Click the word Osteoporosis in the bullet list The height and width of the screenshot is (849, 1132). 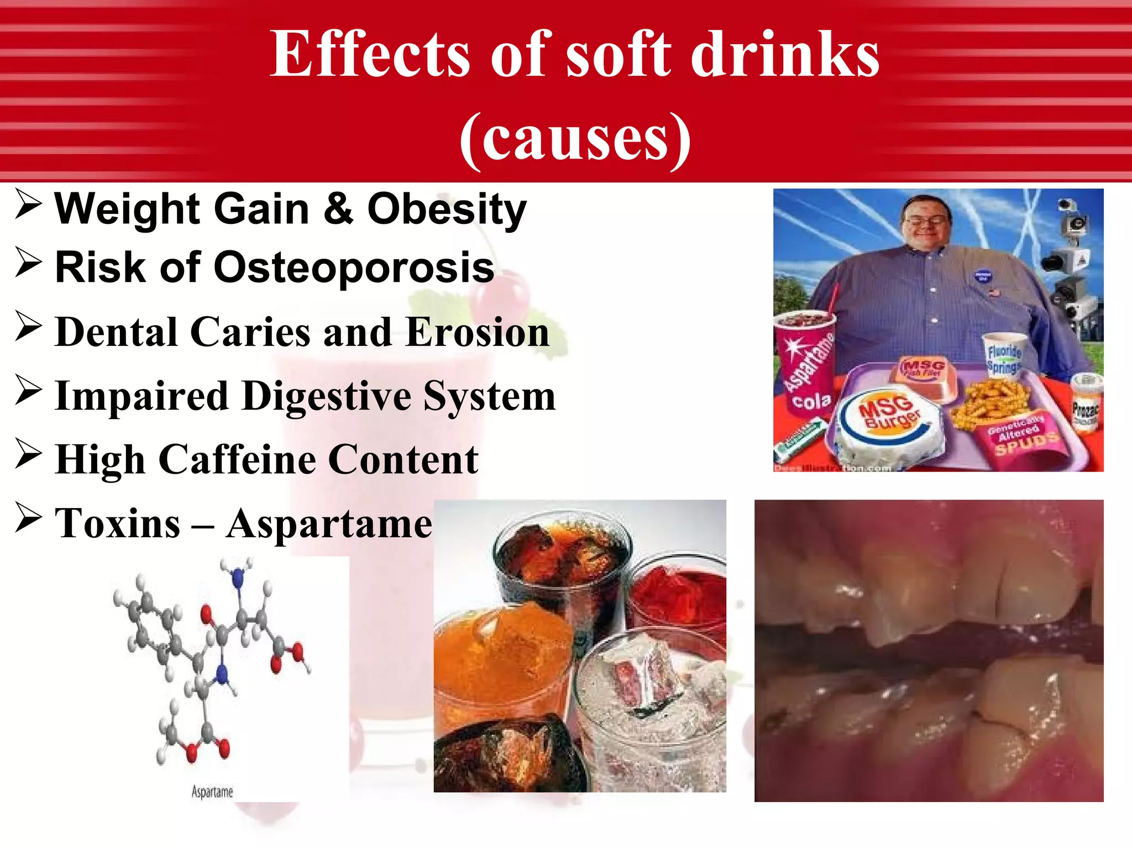point(354,268)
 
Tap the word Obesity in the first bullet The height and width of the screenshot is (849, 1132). point(447,209)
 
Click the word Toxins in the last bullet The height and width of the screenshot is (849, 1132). point(117,523)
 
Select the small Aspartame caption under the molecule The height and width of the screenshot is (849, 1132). point(212,792)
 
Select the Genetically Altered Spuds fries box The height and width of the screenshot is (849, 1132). point(1023,437)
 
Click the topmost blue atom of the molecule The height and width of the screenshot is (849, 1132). point(238,578)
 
